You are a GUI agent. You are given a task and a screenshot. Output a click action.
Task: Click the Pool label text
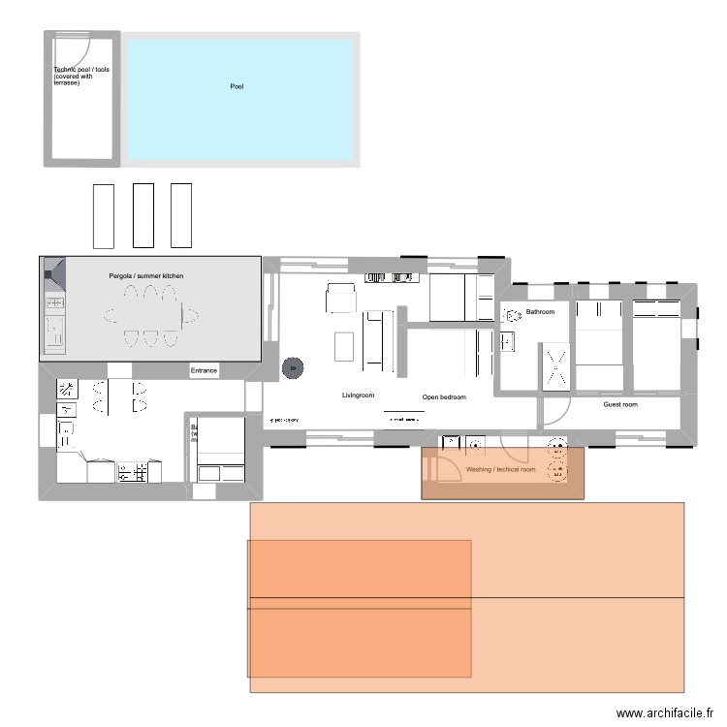237,87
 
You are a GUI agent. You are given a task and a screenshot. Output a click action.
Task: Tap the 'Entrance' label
204,371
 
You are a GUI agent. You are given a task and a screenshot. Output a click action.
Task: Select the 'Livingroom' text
358,395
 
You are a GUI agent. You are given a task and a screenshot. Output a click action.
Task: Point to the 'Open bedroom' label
444,397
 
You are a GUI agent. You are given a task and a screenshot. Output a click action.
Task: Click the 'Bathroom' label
540,312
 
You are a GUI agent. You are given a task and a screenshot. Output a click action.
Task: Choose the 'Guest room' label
620,404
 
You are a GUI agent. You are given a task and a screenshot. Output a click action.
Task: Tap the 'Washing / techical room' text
500,470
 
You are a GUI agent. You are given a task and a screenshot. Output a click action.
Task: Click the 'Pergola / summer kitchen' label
145,276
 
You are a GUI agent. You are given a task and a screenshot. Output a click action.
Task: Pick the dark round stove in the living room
291,367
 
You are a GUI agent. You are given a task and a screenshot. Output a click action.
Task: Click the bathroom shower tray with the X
557,367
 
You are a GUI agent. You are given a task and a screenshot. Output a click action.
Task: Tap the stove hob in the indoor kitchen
131,472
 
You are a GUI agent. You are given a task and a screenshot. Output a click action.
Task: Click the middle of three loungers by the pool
142,215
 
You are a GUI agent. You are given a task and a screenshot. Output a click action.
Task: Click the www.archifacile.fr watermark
664,711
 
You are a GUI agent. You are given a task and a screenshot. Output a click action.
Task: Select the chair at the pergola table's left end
109,316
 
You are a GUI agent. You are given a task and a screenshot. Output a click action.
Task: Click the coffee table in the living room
344,346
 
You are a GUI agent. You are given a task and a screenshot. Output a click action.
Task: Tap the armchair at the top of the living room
341,299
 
